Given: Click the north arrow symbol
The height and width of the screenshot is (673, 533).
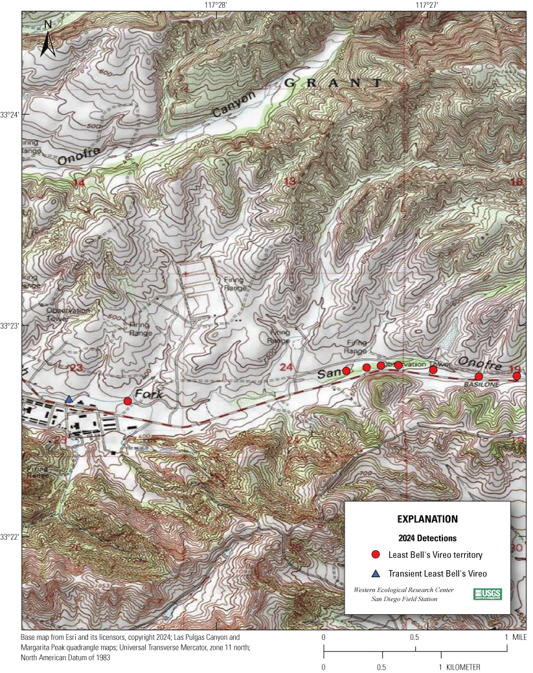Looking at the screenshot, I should [x=47, y=38].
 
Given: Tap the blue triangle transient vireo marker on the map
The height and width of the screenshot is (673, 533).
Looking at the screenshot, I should [x=69, y=399].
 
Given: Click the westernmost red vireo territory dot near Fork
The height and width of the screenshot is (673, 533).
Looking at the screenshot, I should [x=128, y=401].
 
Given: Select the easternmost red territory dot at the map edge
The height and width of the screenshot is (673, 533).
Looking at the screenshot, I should [x=517, y=376].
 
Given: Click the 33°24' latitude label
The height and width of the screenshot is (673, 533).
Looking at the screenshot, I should [x=10, y=115].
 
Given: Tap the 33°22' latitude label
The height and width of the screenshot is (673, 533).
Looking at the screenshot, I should [x=10, y=537].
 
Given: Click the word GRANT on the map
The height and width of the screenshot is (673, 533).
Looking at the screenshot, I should [x=333, y=83].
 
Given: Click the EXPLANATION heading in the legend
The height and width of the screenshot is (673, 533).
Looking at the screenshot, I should [x=427, y=519].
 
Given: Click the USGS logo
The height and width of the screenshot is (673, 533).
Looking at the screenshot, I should [x=488, y=594].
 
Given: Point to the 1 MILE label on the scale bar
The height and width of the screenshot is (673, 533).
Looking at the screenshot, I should [x=515, y=637].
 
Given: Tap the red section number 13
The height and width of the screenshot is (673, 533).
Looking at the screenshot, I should [x=289, y=182].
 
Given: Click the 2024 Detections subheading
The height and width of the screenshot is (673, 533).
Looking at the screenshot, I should [x=427, y=538].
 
